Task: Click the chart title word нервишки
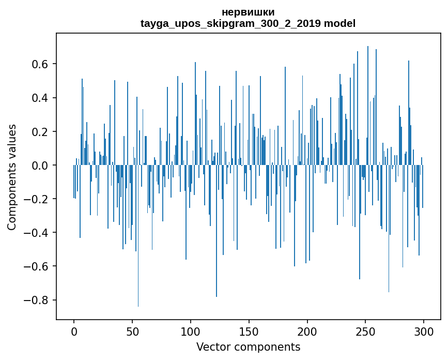point(248,12)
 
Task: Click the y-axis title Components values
point(12,177)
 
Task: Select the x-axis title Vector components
point(248,347)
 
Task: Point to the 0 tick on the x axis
point(74,331)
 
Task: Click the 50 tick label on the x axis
point(132,331)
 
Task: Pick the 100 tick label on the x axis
point(191,331)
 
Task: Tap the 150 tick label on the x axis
point(249,331)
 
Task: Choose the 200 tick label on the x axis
point(307,331)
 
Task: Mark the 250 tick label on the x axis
point(365,331)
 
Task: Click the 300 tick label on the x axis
point(424,331)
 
